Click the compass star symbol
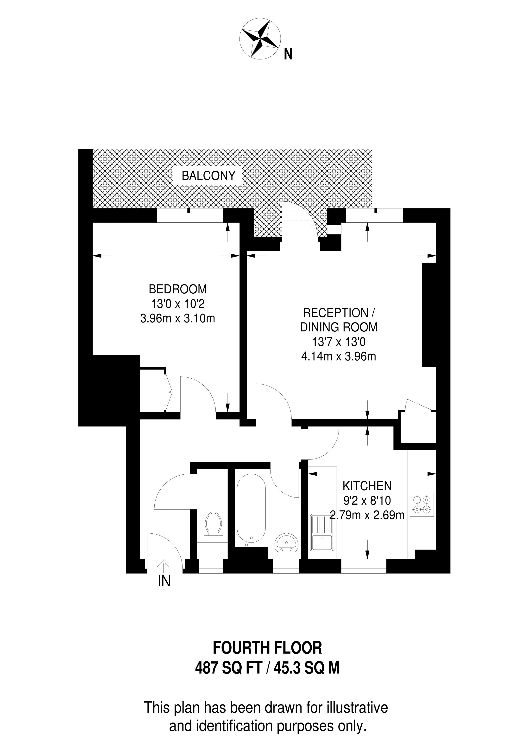[x=260, y=39]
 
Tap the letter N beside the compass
[x=288, y=54]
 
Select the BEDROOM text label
[x=178, y=289]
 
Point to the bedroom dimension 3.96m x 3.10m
[x=178, y=318]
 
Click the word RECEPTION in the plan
[x=335, y=313]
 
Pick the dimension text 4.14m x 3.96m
[x=339, y=356]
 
